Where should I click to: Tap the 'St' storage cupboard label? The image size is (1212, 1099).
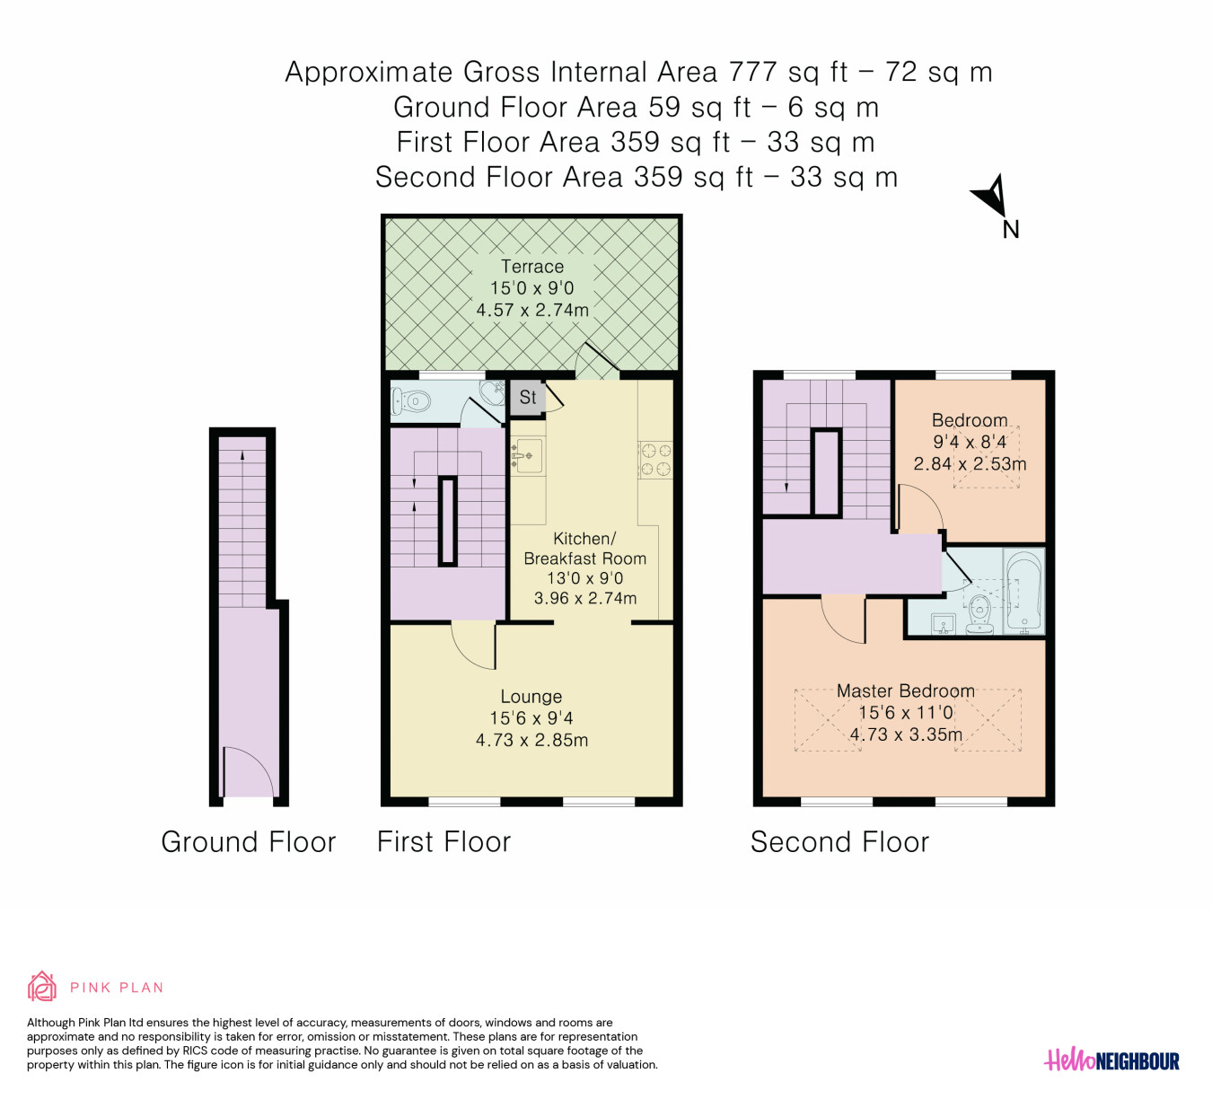528,397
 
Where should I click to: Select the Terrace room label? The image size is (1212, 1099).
531,267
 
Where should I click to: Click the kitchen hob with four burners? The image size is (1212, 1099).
655,460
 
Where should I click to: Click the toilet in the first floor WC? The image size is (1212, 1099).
411,400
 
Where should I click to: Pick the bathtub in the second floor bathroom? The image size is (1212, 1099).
1023,591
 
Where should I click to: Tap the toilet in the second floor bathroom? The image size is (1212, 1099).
979,613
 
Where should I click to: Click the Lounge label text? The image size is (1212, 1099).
531,697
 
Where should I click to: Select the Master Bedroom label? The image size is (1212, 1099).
905,690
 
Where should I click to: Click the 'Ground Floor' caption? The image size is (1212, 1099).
249,842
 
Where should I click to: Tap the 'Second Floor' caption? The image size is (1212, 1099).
839,842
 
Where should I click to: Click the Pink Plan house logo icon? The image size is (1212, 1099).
41,987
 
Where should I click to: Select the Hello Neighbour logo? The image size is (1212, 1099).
1111,1060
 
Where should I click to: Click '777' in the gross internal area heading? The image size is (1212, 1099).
752,72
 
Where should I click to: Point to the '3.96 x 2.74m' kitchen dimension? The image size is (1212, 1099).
584,599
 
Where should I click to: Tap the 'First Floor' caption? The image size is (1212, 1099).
444,842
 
